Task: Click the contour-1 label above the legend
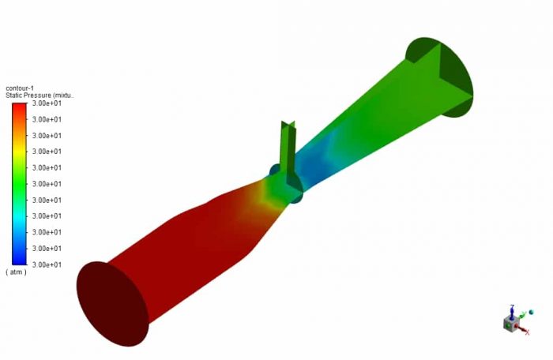(x=20, y=88)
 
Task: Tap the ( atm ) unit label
(x=17, y=272)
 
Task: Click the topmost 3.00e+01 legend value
(x=47, y=103)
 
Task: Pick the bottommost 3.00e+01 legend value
(x=47, y=264)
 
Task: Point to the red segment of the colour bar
(x=20, y=114)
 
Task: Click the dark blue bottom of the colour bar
(x=20, y=257)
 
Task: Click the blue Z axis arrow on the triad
(x=512, y=309)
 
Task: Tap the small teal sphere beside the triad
(x=531, y=313)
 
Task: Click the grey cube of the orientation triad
(x=510, y=323)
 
